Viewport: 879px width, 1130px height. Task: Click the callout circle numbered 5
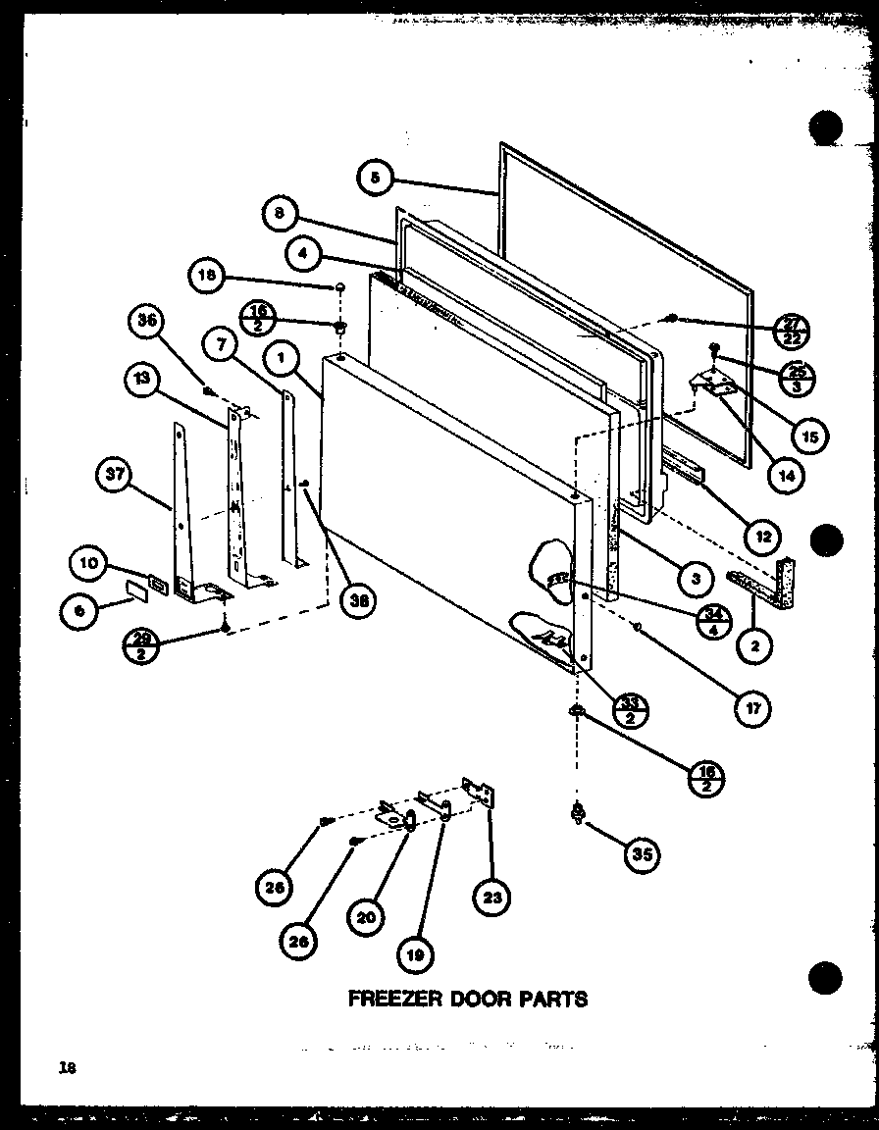375,178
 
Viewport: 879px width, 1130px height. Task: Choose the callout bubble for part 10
88,563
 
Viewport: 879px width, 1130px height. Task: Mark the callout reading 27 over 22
790,332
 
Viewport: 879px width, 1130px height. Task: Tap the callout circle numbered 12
762,537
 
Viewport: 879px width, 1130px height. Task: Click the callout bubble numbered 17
752,707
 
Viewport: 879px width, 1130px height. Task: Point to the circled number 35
641,854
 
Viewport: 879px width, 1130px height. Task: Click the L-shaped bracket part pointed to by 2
772,582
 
